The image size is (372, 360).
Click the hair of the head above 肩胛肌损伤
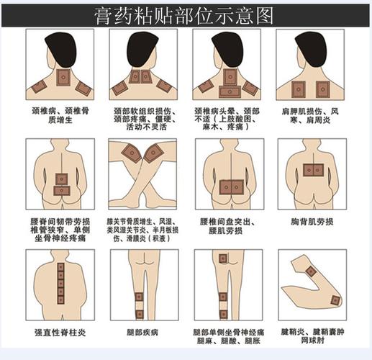coord(310,48)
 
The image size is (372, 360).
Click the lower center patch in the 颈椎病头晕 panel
coord(229,91)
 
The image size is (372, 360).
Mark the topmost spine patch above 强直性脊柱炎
coord(60,267)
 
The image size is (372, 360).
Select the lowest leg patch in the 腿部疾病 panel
coord(139,314)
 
